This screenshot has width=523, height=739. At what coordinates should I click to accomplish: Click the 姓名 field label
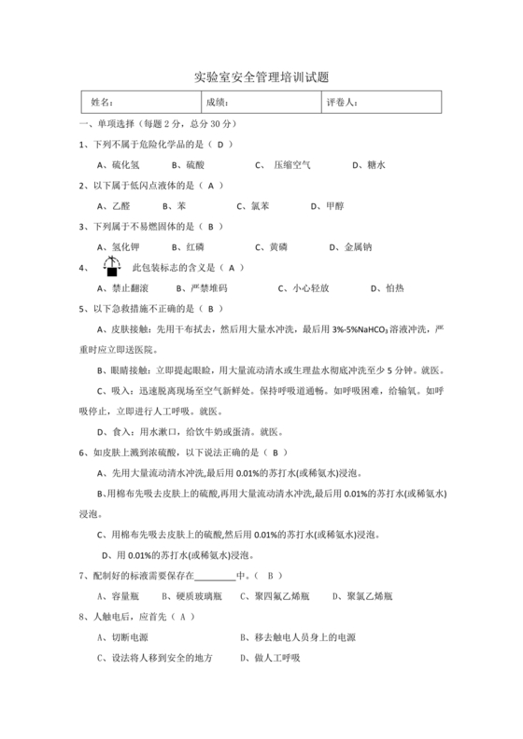pos(102,103)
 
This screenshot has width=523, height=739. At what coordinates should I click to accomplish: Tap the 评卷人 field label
pos(342,103)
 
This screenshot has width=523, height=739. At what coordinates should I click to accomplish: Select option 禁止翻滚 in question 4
pos(123,288)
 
